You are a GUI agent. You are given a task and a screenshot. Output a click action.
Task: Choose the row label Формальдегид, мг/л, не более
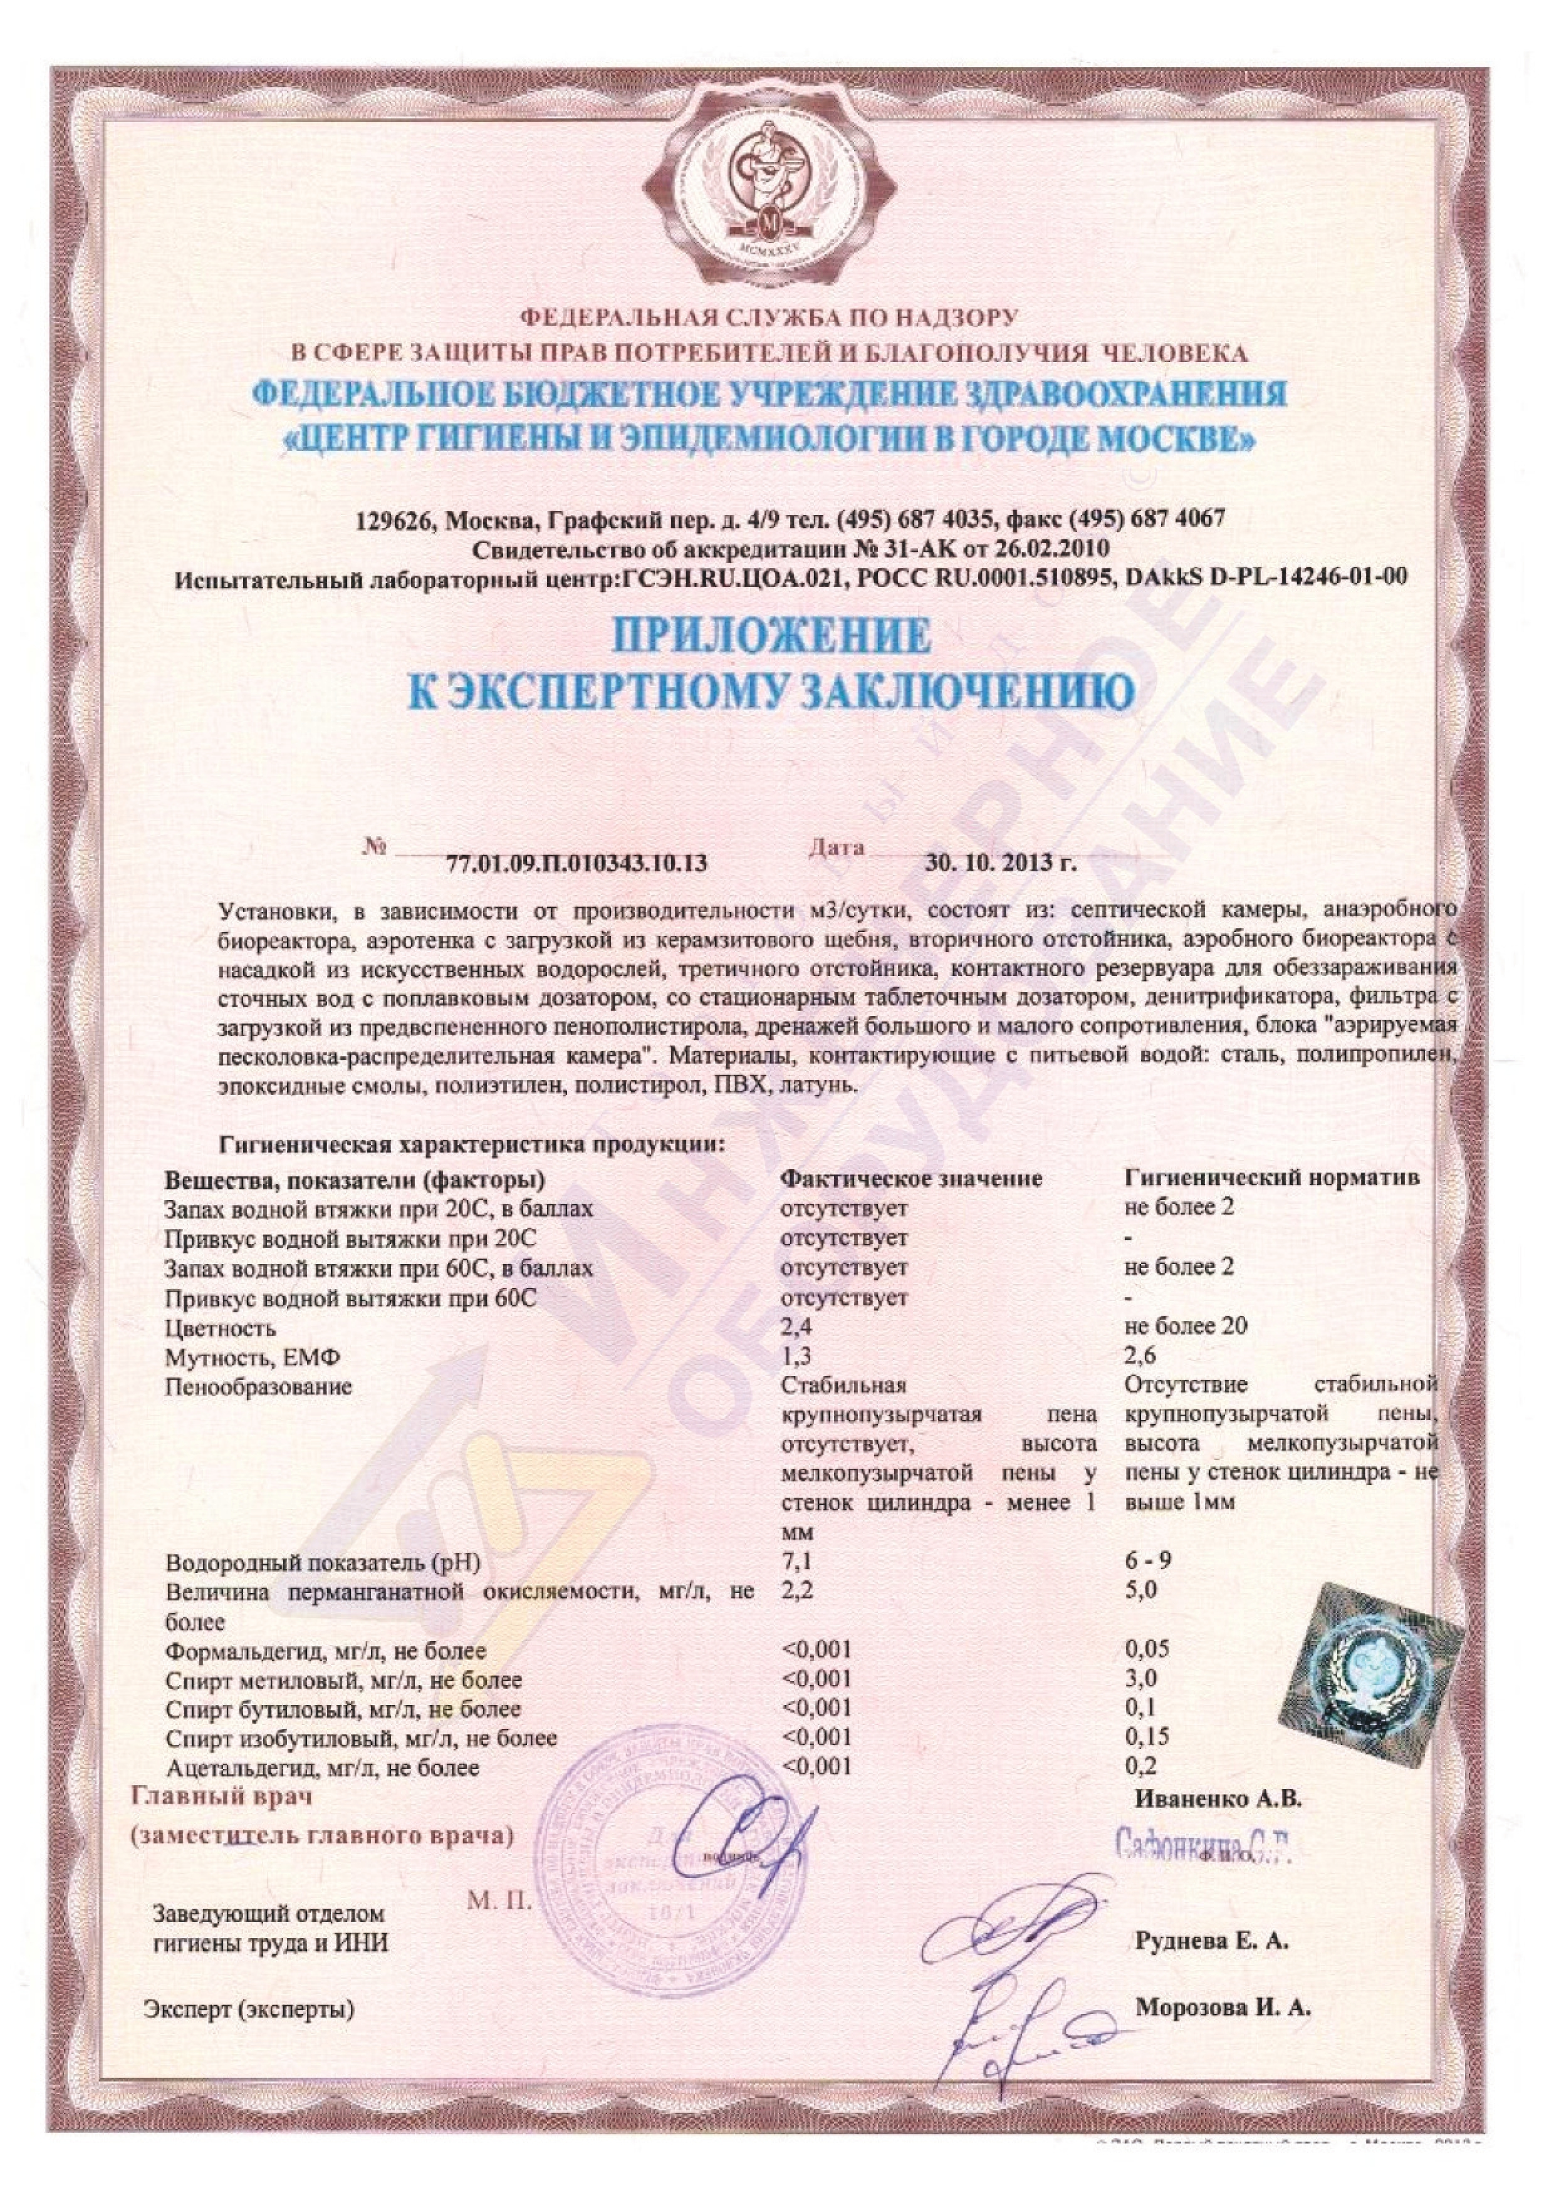[326, 1651]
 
